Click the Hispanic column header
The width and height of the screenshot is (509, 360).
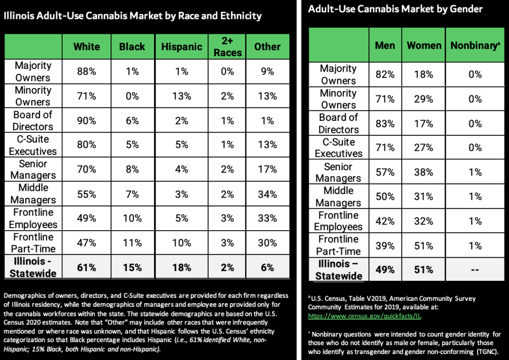click(181, 47)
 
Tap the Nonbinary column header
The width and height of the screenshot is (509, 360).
click(475, 45)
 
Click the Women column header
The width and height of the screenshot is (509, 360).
click(424, 45)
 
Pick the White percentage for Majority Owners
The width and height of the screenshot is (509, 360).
click(86, 72)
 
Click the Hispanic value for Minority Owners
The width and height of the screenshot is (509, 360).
click(181, 96)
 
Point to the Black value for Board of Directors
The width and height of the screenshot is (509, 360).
click(132, 120)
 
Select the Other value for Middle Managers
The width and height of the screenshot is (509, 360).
click(267, 194)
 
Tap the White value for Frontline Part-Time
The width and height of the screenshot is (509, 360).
click(86, 243)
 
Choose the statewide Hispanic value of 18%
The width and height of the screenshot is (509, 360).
click(181, 268)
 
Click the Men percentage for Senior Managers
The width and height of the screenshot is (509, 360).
click(385, 172)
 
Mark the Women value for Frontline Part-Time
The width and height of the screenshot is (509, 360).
click(424, 246)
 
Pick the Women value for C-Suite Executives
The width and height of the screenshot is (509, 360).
click(424, 148)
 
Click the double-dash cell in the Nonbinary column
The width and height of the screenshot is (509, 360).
click(475, 270)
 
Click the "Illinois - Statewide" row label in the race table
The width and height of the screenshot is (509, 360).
click(33, 268)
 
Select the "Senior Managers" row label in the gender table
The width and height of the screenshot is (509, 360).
click(339, 172)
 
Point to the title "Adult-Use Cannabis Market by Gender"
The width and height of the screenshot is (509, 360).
click(395, 9)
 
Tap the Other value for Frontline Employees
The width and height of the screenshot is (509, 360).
click(267, 218)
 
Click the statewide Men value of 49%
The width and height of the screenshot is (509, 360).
click(385, 270)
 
